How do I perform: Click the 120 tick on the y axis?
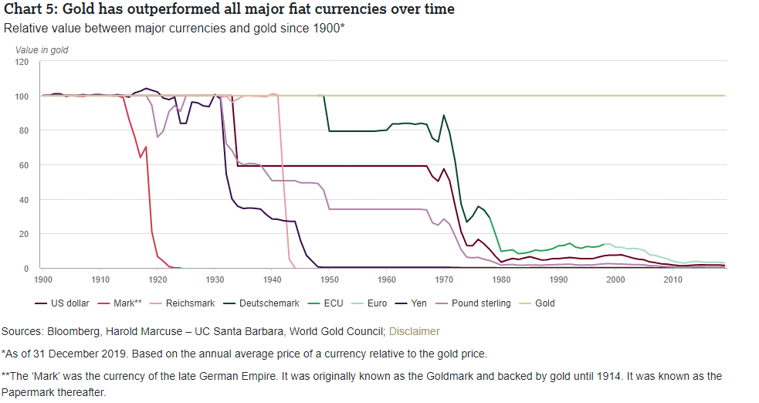tap(22, 62)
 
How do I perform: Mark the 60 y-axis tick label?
tap(24, 165)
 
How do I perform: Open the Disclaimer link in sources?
tap(415, 331)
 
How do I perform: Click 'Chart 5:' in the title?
tap(29, 9)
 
